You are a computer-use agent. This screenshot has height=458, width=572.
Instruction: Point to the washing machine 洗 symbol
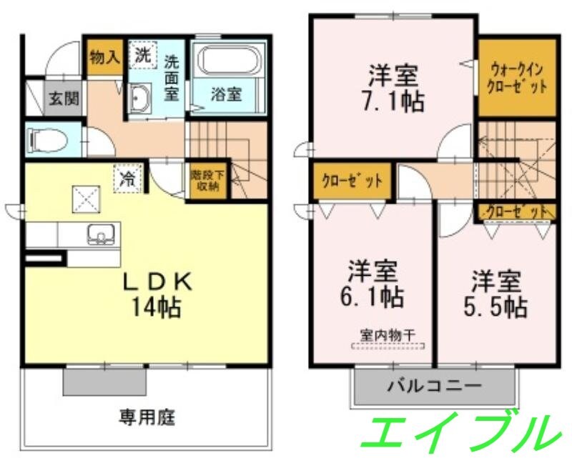[x=143, y=55]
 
